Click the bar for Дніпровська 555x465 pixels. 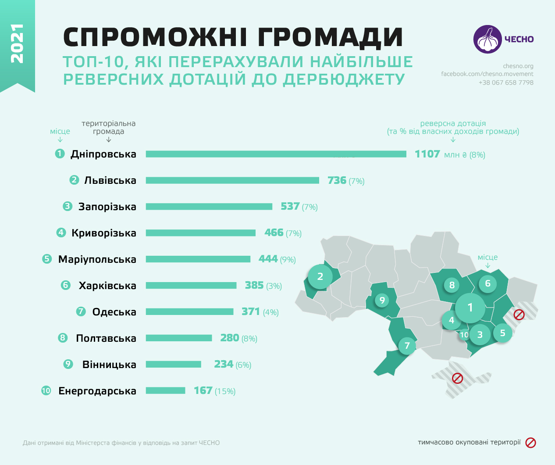pos(276,154)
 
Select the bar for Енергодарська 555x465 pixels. pos(165,390)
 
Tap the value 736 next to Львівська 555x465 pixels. pos(337,180)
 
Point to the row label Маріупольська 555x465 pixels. pos(97,259)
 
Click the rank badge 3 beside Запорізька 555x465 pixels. pos(67,206)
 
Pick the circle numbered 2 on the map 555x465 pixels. pos(320,276)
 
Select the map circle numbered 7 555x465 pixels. pos(407,346)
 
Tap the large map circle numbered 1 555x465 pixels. pos(470,308)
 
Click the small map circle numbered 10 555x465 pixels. pos(464,335)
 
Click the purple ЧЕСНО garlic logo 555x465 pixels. pos(487,39)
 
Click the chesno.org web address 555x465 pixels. pos(518,66)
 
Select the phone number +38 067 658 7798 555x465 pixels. pos(506,82)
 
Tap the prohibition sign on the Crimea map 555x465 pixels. pos(457,378)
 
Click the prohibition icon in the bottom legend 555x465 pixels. pos(530,443)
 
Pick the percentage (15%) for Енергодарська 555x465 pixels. pos(225,391)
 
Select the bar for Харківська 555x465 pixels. pos(191,286)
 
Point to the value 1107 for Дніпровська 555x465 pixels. pos(427,154)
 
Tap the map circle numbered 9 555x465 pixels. pos(382,300)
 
